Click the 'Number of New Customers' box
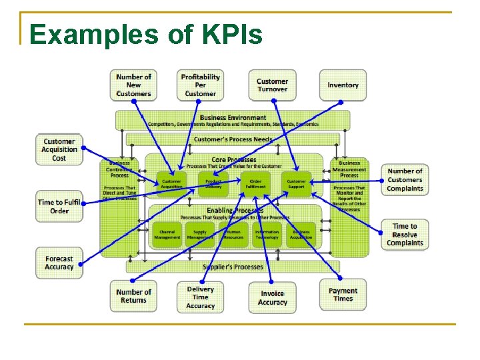[133, 85]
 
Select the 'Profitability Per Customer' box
[200, 85]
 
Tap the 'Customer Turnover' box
[272, 85]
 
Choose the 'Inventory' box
[343, 85]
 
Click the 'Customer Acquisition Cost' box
[59, 150]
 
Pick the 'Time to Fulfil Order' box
[59, 207]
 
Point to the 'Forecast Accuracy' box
[59, 263]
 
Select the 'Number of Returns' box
[133, 296]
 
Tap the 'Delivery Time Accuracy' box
[200, 297]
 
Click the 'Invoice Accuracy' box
[272, 298]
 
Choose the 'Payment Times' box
[343, 295]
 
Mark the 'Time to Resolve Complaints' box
[405, 235]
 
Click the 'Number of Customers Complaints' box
[405, 180]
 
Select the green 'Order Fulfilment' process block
[255, 183]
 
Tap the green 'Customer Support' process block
[296, 183]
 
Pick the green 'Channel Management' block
[167, 235]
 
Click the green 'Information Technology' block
[267, 235]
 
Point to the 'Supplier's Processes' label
[229, 267]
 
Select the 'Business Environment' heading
[233, 118]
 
